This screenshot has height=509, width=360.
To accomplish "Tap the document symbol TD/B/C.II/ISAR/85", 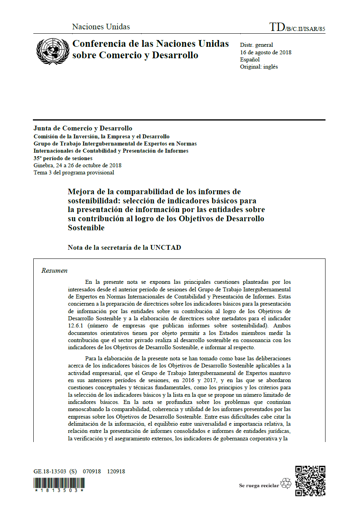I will coord(297,27).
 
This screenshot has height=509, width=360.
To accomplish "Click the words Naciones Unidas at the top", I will coord(101,27).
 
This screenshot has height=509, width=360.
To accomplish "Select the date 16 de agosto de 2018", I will coord(266,52).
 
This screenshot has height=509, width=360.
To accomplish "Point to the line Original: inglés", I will coord(259,67).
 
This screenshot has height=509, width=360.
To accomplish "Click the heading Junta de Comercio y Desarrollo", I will coord(83,128).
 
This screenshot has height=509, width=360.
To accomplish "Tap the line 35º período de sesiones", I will coord(63,158).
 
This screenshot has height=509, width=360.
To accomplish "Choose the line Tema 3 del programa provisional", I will coord(74,172).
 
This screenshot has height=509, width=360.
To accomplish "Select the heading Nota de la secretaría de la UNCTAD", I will coord(124,248).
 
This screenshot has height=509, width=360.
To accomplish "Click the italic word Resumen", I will coord(54,271).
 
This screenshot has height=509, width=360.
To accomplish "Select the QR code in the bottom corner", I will coord(310,480).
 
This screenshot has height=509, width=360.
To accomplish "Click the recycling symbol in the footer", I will coord(285,484).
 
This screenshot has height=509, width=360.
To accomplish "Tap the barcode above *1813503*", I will coord(59,483).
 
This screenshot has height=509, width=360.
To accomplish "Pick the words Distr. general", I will coord(257,45).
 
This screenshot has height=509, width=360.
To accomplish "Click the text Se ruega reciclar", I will coord(259,486).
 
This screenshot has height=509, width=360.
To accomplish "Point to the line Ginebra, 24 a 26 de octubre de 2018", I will coord(77,165).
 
